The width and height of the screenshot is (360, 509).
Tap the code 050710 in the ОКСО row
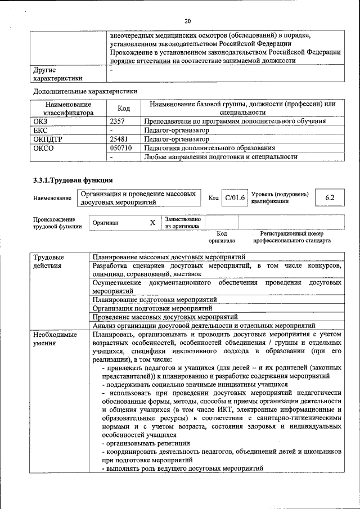[x=121, y=148]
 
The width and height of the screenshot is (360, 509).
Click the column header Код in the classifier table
[x=124, y=108]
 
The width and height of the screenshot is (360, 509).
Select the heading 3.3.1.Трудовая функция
[x=73, y=180]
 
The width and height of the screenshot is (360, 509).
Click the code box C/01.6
[x=235, y=198]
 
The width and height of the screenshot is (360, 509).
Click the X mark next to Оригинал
[x=152, y=223]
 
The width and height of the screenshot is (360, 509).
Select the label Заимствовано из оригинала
[x=182, y=223]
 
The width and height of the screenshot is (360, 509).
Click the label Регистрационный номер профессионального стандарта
[x=292, y=237]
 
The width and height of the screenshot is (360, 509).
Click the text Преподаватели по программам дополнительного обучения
[x=235, y=121]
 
